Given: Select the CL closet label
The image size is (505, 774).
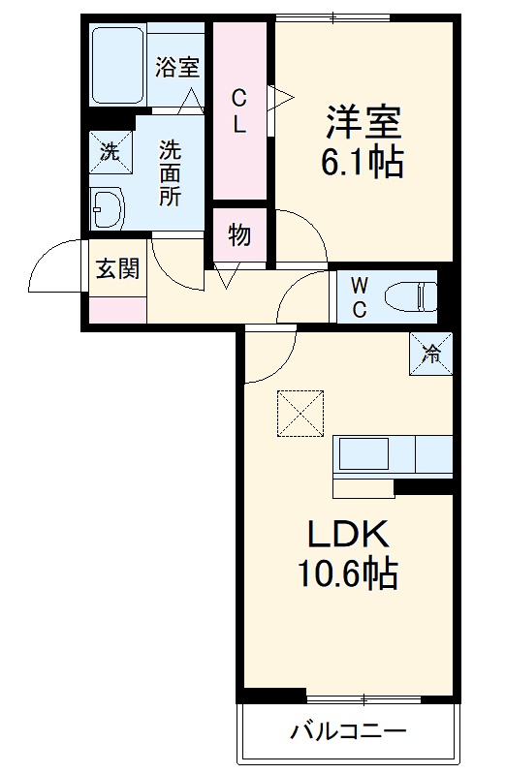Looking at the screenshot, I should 238,111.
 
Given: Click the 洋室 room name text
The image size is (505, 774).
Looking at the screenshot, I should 363,123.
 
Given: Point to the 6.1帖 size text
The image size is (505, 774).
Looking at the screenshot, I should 363,162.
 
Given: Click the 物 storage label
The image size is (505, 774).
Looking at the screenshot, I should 238,234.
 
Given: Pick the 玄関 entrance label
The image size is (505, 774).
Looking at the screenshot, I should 116,268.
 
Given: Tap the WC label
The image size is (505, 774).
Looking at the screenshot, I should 358,296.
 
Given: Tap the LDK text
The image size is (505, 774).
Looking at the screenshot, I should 348,536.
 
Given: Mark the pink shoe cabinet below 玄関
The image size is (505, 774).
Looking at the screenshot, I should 117,310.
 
